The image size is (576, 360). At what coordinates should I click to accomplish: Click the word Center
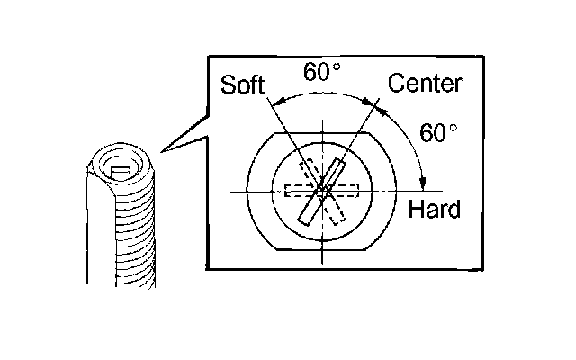click(x=425, y=85)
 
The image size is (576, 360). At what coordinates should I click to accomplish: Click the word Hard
click(x=434, y=211)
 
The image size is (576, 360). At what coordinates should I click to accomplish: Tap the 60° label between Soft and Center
click(x=321, y=72)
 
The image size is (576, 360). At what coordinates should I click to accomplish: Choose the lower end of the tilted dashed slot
click(x=337, y=217)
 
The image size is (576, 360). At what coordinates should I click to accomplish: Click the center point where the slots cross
click(x=322, y=191)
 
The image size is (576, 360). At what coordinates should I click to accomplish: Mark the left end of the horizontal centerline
click(x=231, y=191)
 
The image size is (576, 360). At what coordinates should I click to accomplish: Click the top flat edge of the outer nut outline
click(x=322, y=130)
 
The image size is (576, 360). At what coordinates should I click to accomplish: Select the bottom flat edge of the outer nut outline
click(x=322, y=250)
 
